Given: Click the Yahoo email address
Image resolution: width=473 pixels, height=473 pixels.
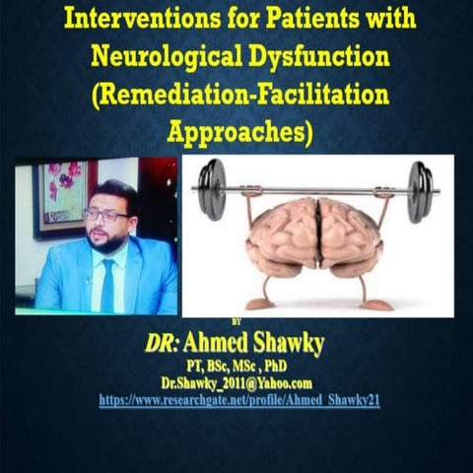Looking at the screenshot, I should coord(237,381).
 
